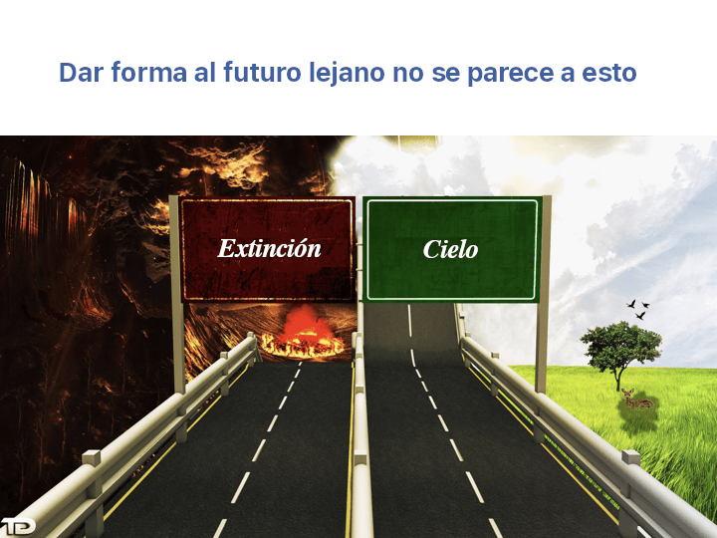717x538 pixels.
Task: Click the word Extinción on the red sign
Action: (x=269, y=248)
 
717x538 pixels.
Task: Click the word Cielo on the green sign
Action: (x=450, y=249)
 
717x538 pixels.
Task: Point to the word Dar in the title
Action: (x=79, y=73)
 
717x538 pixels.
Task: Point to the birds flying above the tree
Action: (x=638, y=308)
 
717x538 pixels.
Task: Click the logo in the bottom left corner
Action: (x=17, y=525)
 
